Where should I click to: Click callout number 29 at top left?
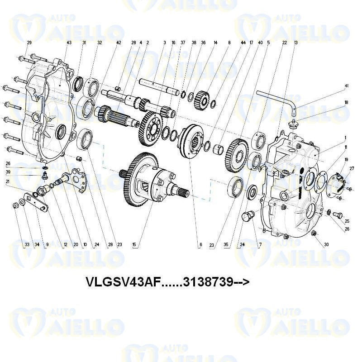tap(29, 43)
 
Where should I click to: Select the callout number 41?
tap(347, 86)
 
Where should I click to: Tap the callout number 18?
tap(347, 103)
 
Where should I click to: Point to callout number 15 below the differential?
tap(134, 245)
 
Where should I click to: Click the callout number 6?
tap(200, 245)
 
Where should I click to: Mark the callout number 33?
tap(27, 245)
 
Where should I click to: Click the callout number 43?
tap(69, 43)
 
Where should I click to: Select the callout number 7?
tap(260, 245)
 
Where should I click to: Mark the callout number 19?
tap(346, 160)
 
